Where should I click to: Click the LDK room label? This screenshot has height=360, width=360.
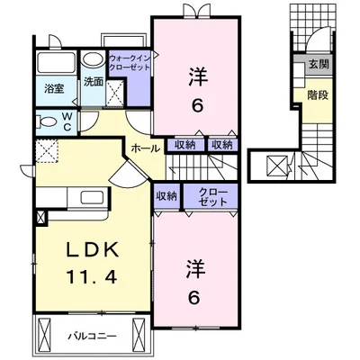point(92,251)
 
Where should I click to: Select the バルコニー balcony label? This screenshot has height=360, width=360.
point(92,336)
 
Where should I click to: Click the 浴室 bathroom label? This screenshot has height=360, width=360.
point(54,89)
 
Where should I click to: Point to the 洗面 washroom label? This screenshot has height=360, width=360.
point(94,82)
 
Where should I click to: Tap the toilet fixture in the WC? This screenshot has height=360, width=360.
point(47,122)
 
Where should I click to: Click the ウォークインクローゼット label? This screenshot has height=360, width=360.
point(130,62)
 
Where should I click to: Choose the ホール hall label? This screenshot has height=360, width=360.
point(146,148)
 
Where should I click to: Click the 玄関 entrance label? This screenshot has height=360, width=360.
point(319,64)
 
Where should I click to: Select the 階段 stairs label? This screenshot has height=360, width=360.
point(318,95)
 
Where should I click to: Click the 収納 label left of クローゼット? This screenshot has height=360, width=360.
point(166,196)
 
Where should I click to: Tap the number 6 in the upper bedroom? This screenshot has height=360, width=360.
point(198,105)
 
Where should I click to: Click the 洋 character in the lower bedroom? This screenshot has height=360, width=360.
point(197,268)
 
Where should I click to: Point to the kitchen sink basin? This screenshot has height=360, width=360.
point(92,197)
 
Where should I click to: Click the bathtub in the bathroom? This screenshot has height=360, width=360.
point(56,63)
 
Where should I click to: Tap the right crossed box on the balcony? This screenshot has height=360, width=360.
point(139,335)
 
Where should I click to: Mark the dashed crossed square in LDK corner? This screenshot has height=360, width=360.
point(47,151)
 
